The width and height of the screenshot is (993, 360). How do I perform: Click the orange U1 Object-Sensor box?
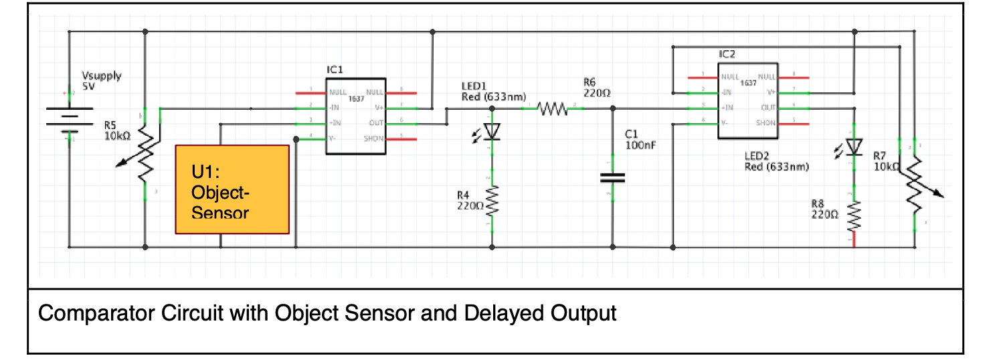point(232,189)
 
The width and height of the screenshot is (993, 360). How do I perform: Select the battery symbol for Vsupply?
point(68,118)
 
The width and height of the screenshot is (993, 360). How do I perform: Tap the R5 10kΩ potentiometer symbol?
point(145,156)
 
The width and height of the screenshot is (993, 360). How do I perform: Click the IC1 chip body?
point(355,116)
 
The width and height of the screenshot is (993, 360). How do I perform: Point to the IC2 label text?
point(727,54)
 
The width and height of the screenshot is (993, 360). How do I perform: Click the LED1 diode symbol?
point(492,132)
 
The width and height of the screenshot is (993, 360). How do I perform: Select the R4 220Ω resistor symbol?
point(492,201)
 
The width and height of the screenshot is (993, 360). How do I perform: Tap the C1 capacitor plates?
point(612,177)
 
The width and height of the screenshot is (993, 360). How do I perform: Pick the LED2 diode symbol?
point(854,146)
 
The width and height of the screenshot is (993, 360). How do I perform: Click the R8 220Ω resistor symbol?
point(854,216)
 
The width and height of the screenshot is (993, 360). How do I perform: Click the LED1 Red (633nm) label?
point(494,92)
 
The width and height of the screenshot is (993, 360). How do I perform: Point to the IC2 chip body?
point(747,101)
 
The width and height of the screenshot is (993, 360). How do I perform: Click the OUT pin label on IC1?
point(375,123)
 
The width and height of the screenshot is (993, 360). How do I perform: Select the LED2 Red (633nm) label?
point(776,161)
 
